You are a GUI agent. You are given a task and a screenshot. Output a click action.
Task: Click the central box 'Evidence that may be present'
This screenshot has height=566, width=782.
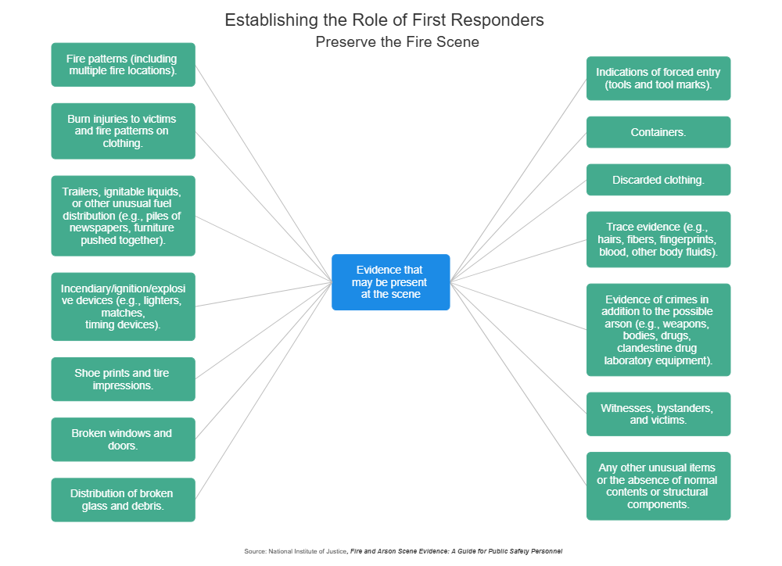point(391,282)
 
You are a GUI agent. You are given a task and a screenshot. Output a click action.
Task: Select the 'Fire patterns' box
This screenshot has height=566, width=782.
point(123,64)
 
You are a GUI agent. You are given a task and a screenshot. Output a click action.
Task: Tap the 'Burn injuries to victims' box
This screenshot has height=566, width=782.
point(123,131)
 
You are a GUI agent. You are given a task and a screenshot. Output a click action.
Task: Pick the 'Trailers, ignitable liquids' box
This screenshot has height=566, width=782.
point(123,216)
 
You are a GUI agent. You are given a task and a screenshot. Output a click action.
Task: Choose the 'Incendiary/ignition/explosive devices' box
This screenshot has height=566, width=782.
point(123,306)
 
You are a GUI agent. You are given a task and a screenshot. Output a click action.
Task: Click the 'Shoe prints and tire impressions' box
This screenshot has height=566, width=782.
point(123,379)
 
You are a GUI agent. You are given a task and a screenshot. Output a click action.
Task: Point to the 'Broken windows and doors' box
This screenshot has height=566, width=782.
point(123,439)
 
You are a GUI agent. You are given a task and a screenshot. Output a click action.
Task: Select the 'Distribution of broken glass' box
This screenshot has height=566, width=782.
point(123,500)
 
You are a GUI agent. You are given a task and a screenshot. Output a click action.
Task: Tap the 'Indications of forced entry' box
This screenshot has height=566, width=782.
point(658,78)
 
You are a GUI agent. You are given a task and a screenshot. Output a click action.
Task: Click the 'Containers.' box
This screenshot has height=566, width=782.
point(658,132)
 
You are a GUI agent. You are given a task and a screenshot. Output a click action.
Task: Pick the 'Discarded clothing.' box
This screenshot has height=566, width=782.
point(658,180)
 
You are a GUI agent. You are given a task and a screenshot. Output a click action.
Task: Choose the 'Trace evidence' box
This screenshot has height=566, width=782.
point(658,239)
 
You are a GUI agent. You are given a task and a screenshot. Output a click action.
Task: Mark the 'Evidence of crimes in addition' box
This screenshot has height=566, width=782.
point(658,330)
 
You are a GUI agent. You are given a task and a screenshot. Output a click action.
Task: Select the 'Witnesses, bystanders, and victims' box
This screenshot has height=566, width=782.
point(658,414)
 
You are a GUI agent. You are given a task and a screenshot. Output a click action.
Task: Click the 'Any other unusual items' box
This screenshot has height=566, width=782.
point(658,485)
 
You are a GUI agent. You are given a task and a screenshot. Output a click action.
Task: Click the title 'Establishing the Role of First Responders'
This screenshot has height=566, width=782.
point(384,20)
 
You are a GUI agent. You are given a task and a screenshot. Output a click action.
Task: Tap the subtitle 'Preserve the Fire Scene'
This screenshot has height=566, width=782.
point(397,42)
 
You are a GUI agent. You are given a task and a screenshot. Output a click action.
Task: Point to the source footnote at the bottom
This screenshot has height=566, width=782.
point(403,551)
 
